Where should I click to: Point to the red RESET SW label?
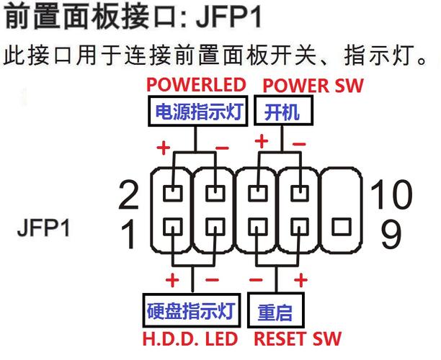(x=296, y=338)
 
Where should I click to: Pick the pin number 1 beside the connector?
(x=128, y=233)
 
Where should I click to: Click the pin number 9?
(x=392, y=233)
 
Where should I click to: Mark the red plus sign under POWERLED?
(x=164, y=149)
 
